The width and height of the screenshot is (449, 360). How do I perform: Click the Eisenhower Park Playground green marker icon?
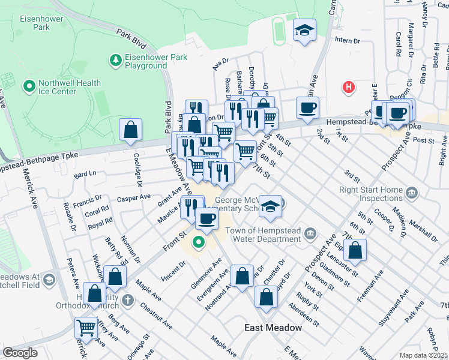tap(115, 60)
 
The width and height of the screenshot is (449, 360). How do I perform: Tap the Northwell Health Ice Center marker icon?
tap(28, 87)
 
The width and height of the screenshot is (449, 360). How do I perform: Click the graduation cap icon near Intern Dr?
tap(304, 30)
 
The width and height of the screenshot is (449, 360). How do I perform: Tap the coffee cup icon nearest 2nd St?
tap(308, 108)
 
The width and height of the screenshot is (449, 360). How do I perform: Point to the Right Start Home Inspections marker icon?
tap(412, 193)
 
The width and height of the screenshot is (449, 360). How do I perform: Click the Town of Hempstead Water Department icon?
tap(310, 233)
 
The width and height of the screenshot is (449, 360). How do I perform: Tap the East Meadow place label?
tap(273, 328)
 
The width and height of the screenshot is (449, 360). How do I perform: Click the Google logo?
tap(20, 352)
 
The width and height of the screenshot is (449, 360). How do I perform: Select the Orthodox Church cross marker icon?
tap(127, 299)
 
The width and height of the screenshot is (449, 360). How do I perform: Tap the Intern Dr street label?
tap(347, 41)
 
